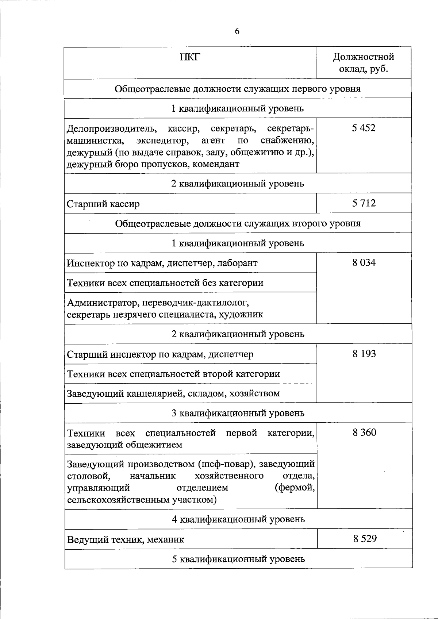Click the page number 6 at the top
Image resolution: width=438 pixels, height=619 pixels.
click(237, 32)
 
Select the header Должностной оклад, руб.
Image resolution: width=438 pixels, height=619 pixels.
click(364, 63)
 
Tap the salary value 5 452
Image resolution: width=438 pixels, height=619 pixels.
click(364, 128)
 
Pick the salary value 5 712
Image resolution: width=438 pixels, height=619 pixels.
click(364, 203)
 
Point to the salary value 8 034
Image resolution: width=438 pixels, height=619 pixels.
click(364, 262)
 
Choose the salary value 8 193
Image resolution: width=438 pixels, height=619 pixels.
click(364, 354)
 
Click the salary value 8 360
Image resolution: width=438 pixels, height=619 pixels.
click(364, 432)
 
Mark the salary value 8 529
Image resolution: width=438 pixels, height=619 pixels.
click(365, 539)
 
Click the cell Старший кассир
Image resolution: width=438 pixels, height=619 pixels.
click(103, 204)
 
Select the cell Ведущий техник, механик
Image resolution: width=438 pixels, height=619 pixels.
click(126, 539)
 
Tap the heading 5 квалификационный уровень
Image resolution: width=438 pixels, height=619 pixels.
click(238, 559)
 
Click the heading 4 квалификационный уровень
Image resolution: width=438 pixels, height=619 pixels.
click(238, 519)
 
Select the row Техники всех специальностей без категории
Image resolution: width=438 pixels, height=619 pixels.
click(165, 283)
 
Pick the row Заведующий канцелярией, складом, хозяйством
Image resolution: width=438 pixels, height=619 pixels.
click(173, 393)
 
